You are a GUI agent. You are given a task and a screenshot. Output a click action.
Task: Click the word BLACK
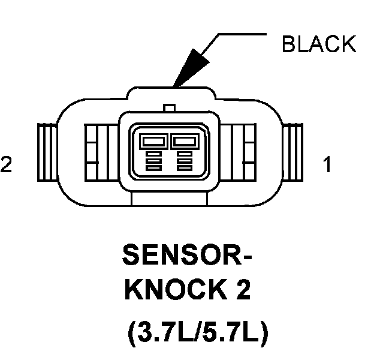click(x=319, y=44)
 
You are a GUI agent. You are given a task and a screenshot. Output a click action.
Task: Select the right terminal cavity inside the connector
click(x=185, y=142)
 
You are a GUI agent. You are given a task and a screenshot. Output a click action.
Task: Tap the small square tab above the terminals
click(x=170, y=108)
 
